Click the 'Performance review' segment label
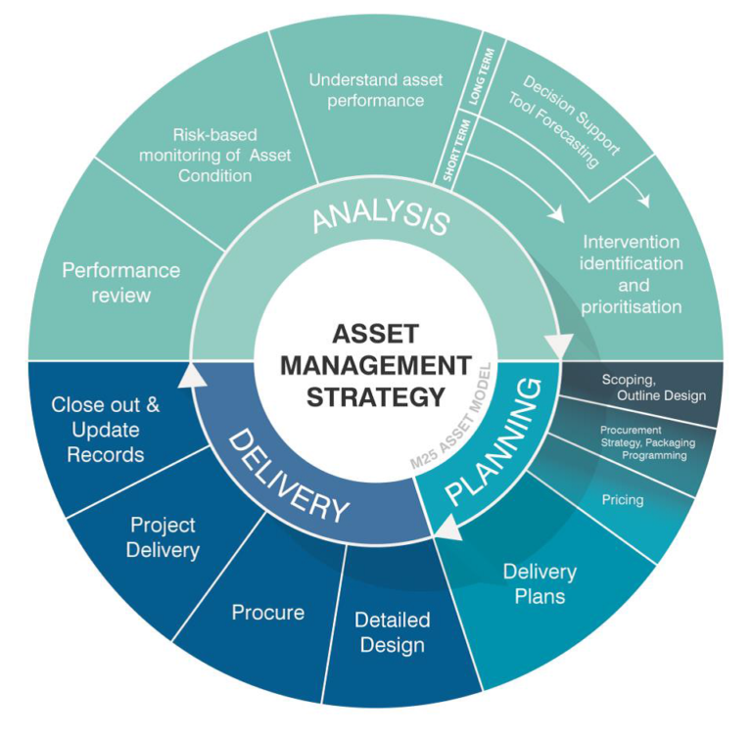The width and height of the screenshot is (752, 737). click(121, 282)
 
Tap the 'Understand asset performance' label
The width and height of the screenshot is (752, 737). click(366, 89)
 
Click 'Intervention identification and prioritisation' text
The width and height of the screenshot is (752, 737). click(633, 273)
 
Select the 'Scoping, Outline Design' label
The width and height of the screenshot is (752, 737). click(652, 388)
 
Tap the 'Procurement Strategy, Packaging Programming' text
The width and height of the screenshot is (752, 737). click(643, 442)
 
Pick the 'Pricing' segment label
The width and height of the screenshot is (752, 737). click(622, 500)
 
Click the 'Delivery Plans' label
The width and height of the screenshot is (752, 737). click(540, 583)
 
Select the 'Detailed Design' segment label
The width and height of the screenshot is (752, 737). click(392, 632)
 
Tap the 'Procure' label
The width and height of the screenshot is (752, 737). click(267, 613)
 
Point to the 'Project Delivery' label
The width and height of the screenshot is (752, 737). click(163, 537)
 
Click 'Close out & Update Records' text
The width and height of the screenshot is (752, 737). click(105, 430)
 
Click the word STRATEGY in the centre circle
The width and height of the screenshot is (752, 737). click(375, 396)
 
